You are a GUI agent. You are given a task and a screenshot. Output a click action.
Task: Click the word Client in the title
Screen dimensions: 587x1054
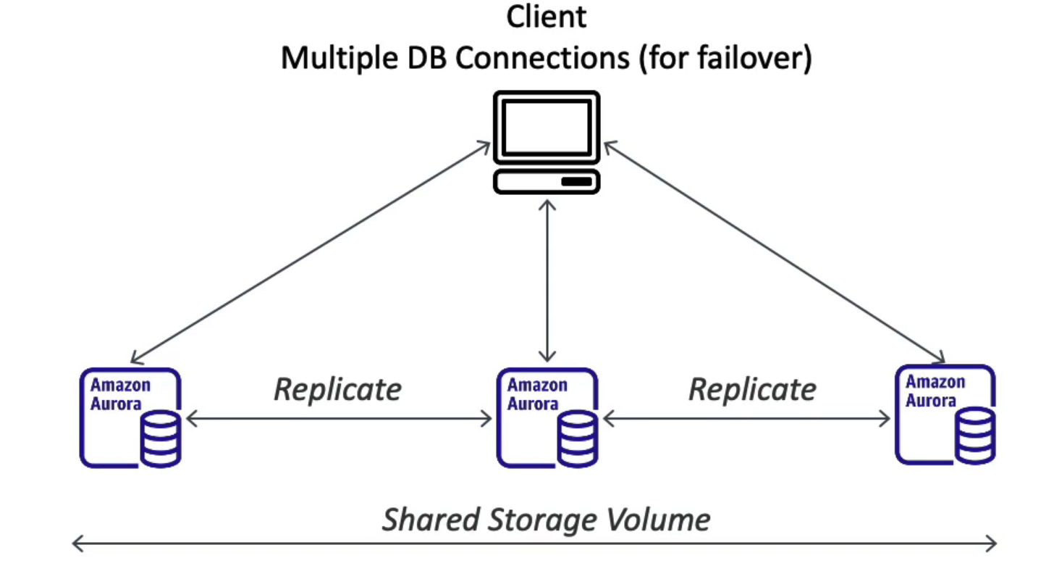(546, 17)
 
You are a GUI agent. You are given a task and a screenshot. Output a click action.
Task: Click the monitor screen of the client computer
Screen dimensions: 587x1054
(547, 127)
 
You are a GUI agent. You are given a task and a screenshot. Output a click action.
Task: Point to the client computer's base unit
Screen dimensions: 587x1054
(547, 181)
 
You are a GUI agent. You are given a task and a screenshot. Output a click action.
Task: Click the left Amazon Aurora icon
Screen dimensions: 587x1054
(130, 417)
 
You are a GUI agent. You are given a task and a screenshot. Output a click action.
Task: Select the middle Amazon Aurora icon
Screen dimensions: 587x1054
(547, 417)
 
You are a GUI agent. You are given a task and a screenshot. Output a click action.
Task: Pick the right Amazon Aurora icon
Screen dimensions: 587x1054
(945, 415)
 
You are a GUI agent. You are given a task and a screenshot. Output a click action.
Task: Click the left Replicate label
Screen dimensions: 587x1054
(337, 389)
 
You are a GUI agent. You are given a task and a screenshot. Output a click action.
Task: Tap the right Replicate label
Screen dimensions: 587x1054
(752, 389)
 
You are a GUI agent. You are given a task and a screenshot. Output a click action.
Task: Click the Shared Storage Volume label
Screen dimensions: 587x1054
(547, 520)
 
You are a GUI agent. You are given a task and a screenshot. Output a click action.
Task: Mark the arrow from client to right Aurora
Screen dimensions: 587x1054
(775, 251)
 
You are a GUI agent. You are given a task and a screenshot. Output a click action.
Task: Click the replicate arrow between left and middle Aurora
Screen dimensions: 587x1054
(339, 418)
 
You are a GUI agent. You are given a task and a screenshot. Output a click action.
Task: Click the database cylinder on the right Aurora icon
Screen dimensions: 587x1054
(975, 435)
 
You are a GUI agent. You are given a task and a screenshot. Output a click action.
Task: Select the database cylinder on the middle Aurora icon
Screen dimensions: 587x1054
(578, 438)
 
